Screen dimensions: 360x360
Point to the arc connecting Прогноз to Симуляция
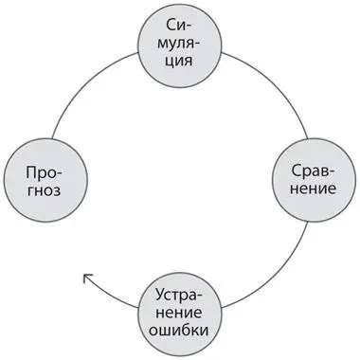pyautogui.click(x=85, y=81)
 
